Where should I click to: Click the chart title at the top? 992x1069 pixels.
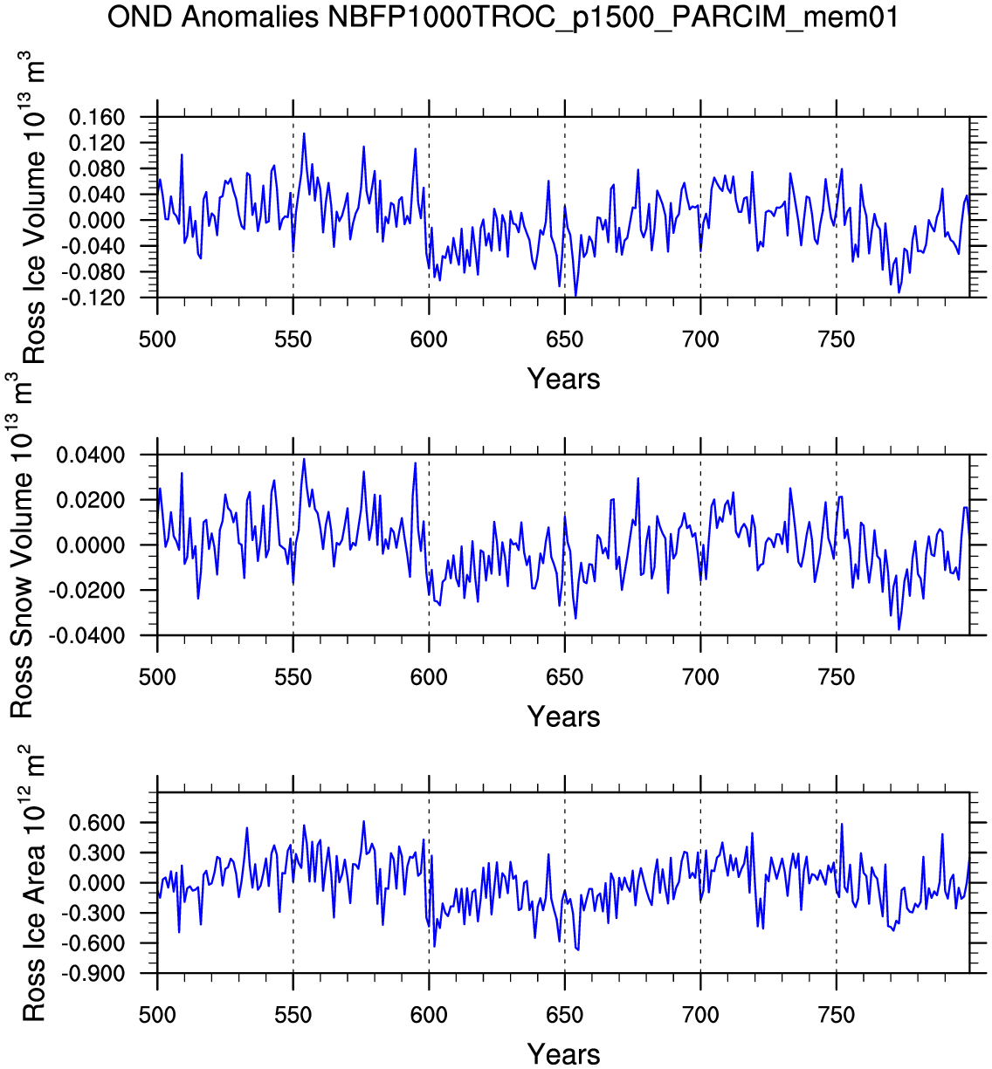tap(502, 17)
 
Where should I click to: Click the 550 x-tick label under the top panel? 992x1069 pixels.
tap(293, 339)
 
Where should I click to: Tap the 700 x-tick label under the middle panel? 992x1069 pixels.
tap(700, 677)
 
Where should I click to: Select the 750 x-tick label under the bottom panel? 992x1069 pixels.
tap(837, 1015)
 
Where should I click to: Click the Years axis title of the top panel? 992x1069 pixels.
tap(563, 380)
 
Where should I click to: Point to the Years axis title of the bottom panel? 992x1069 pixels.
tap(563, 1054)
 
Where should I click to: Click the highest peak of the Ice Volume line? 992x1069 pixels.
tap(304, 134)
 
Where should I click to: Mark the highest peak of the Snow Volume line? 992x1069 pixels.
tap(304, 459)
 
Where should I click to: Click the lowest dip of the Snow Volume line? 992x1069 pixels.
tap(899, 629)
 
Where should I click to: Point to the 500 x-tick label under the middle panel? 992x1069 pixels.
tap(157, 677)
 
